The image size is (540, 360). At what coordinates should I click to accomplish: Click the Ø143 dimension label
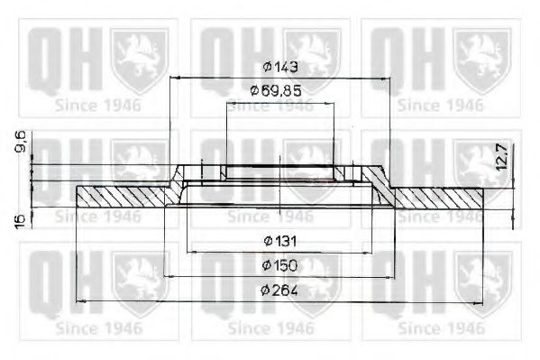pyautogui.click(x=280, y=67)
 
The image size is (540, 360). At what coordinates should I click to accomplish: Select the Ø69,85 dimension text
pyautogui.click(x=276, y=91)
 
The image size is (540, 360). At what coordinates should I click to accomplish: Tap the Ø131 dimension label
pyautogui.click(x=280, y=241)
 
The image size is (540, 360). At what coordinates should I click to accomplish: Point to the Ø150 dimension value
pyautogui.click(x=279, y=265)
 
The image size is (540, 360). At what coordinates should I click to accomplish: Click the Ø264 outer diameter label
pyautogui.click(x=279, y=291)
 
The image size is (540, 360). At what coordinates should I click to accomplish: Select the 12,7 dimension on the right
pyautogui.click(x=502, y=156)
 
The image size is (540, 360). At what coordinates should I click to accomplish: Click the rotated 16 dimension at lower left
pyautogui.click(x=21, y=218)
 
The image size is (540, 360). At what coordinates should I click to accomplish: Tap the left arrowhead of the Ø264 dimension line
pyautogui.click(x=80, y=301)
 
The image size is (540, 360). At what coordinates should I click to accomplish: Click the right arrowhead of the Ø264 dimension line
pyautogui.click(x=479, y=303)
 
